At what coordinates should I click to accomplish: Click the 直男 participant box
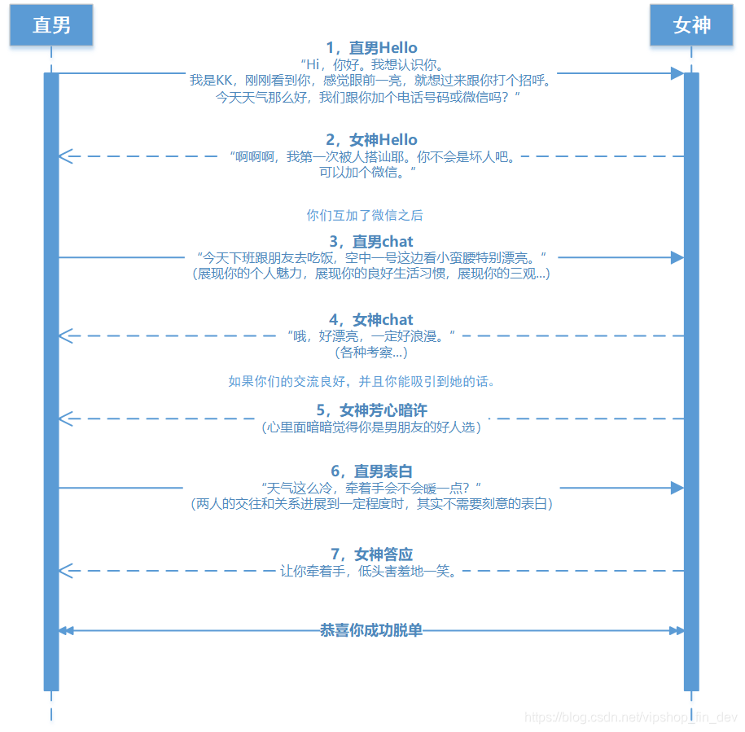51,25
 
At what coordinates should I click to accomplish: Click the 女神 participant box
691,25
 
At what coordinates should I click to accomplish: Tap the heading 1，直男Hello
371,48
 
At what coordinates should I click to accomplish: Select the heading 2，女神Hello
371,140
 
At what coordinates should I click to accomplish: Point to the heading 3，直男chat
371,242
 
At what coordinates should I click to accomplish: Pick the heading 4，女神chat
371,320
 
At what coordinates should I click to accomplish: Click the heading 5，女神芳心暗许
371,410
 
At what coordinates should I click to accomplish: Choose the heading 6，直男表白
371,471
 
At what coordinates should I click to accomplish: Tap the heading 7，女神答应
371,554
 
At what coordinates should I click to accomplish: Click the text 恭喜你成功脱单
371,630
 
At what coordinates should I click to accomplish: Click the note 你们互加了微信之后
365,216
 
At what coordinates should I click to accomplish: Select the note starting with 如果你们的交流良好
362,381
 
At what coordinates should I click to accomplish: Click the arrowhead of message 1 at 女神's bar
677,73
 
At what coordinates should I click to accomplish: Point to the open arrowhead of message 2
65,156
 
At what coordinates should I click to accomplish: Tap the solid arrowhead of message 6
677,488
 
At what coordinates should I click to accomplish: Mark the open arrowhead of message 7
65,571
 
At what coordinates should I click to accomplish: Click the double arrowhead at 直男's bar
66,630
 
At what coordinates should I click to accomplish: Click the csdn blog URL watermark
631,717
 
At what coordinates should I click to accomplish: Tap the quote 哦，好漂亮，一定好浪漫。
371,336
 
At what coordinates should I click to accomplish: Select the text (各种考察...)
371,353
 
